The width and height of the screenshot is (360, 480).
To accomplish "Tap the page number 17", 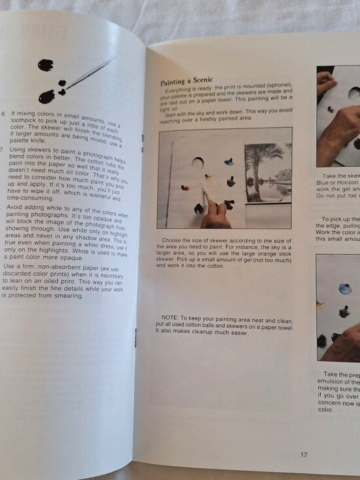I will tap(304, 454).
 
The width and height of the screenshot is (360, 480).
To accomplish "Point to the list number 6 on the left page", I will tap(5, 113).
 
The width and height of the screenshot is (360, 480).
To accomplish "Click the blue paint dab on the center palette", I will tap(228, 162).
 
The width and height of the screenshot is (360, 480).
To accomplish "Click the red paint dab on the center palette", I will tap(186, 188).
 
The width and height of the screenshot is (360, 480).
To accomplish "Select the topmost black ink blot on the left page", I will tap(46, 65).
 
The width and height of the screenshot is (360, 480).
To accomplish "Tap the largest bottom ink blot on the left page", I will tap(46, 97).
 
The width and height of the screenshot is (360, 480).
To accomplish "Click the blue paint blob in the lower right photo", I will tap(345, 289).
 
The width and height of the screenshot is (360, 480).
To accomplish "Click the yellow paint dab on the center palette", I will tap(209, 177).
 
